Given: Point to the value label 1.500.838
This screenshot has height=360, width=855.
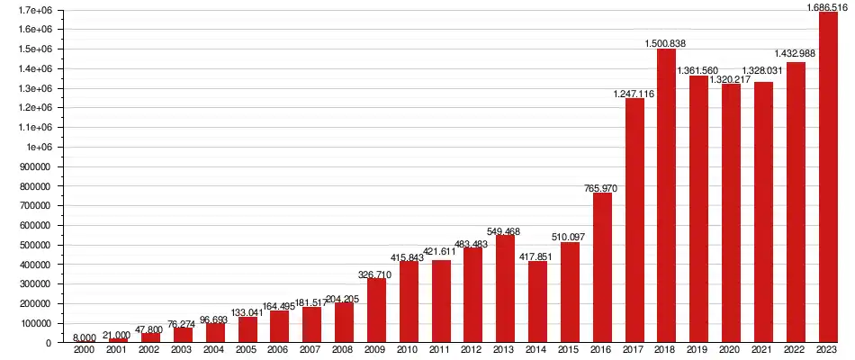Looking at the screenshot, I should coord(666,42).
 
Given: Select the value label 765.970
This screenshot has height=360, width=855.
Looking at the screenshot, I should coord(602,186).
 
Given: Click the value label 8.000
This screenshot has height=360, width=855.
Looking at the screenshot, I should coord(85,337).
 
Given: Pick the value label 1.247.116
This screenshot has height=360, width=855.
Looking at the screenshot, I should coord(634,93).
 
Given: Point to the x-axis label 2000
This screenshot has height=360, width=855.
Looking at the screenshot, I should coord(85,350).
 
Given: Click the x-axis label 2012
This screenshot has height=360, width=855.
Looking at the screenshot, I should coord(472,350).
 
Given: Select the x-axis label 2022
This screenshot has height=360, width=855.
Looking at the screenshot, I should coord(796,350).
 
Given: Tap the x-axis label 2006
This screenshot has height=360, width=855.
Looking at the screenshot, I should coord(279,350).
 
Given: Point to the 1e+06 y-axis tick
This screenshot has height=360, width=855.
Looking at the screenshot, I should coord(40,147).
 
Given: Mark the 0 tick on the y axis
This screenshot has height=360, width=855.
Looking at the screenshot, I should coord(49,343).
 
